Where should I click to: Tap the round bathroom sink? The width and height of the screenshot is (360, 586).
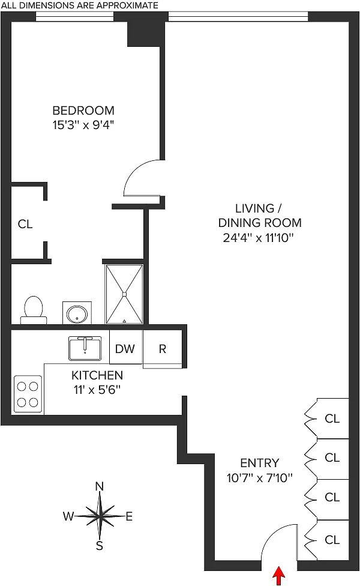pos(77,312)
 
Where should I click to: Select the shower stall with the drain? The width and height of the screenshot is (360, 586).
pos(124,294)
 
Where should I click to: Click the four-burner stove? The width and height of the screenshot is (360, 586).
pos(28,394)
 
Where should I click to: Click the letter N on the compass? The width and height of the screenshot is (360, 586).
pos(100,486)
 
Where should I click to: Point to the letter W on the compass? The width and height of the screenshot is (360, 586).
pos(69,516)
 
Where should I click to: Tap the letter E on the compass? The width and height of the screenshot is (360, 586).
pos(128,516)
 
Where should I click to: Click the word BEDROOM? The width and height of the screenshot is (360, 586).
pos(83,110)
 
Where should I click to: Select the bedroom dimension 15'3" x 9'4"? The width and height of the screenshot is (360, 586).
pos(83,125)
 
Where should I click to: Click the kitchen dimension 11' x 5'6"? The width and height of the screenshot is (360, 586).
pos(97,389)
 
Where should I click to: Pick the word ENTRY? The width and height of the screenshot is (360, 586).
pos(259,463)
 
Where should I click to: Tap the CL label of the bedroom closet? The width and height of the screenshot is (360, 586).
pos(25,224)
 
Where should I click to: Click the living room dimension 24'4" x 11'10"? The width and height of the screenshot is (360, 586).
pos(259,237)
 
